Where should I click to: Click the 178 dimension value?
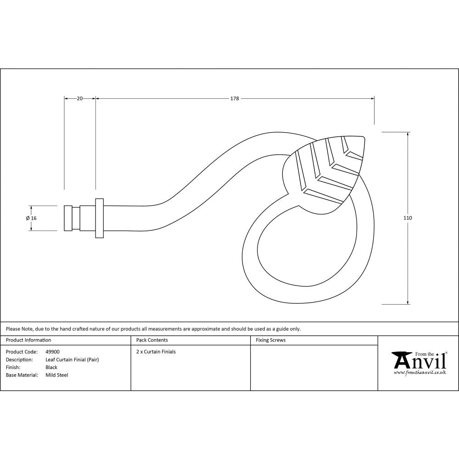[235, 98]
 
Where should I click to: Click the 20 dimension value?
[79, 98]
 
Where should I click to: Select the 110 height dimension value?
[408, 218]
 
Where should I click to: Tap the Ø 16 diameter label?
[32, 218]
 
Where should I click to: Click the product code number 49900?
[52, 352]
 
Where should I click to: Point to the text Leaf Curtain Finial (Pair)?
[72, 360]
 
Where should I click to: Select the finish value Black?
[51, 368]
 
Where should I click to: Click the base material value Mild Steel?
[57, 375]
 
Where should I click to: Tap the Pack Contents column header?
[152, 340]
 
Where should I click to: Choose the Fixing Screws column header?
[270, 340]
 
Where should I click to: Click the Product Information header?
[28, 340]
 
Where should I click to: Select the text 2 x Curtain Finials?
[156, 352]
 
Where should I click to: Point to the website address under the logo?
[420, 373]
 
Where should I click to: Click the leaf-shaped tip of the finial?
[328, 174]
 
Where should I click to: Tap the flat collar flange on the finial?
[99, 218]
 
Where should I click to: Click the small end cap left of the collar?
[67, 218]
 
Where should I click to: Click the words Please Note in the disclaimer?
[19, 329]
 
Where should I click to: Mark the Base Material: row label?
[21, 375]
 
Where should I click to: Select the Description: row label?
[19, 360]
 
